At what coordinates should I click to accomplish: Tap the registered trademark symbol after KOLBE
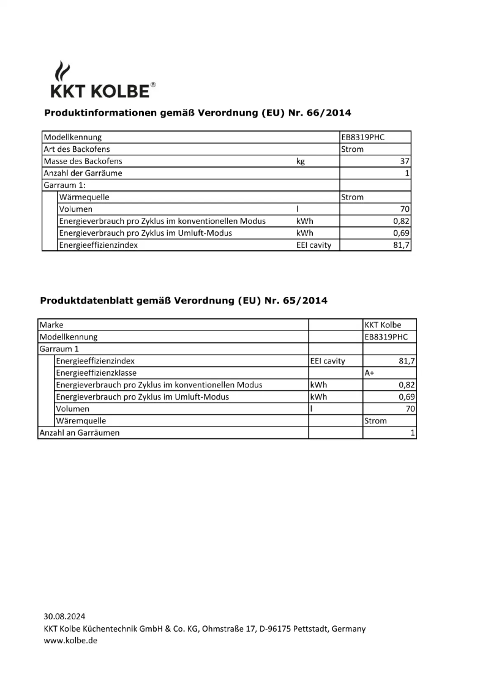(x=152, y=85)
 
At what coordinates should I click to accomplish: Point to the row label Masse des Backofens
(x=83, y=161)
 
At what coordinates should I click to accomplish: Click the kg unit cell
(x=301, y=162)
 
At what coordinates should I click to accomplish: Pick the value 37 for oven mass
(x=404, y=162)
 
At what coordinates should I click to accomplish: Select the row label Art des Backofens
(x=77, y=149)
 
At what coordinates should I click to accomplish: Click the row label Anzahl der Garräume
(x=83, y=173)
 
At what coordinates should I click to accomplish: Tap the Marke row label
(x=51, y=325)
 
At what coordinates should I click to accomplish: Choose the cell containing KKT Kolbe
(x=383, y=325)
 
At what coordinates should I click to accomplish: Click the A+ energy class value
(x=370, y=373)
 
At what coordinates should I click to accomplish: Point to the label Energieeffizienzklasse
(x=96, y=373)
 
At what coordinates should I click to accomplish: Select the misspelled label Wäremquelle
(x=81, y=421)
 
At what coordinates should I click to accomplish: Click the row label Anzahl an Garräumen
(x=80, y=433)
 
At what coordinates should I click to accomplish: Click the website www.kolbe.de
(x=70, y=640)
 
